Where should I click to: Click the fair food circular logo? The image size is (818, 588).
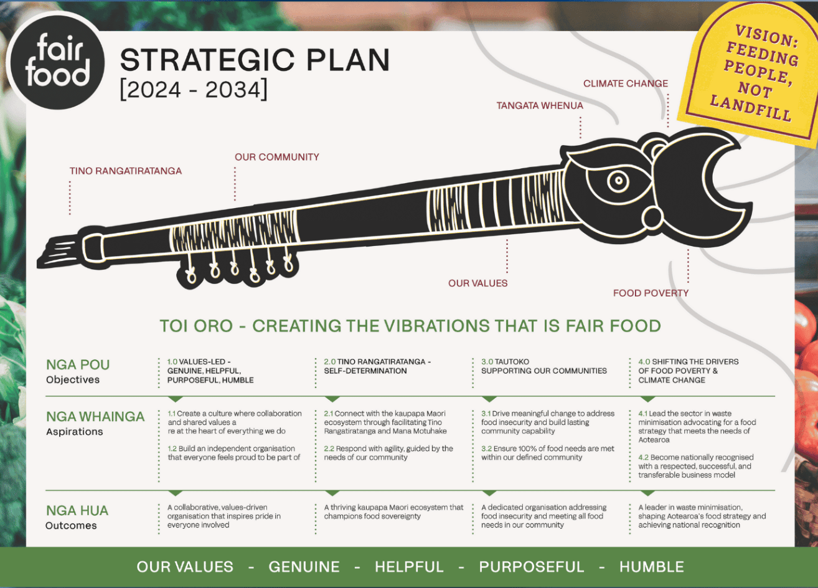tap(57, 61)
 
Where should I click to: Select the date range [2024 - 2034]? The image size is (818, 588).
tap(194, 89)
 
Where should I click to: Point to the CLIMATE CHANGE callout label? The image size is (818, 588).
tap(626, 83)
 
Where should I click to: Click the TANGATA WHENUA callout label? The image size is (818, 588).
tap(540, 106)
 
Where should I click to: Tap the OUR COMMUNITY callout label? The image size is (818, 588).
tap(277, 157)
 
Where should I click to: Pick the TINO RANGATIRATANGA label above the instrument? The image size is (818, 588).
tap(126, 171)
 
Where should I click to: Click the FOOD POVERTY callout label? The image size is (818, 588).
tap(651, 293)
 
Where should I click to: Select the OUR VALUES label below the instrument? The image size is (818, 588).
tap(478, 283)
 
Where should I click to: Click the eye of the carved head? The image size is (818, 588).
tap(618, 181)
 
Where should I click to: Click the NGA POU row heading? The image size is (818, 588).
tap(78, 365)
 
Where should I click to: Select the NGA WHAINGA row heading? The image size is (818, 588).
tap(95, 417)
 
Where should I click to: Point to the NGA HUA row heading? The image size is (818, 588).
tap(77, 511)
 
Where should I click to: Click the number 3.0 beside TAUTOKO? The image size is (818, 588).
tap(486, 362)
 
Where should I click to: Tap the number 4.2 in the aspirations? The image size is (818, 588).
tap(643, 458)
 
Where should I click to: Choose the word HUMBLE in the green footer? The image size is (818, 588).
tap(652, 567)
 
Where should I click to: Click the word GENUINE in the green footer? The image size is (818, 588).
tap(304, 567)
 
